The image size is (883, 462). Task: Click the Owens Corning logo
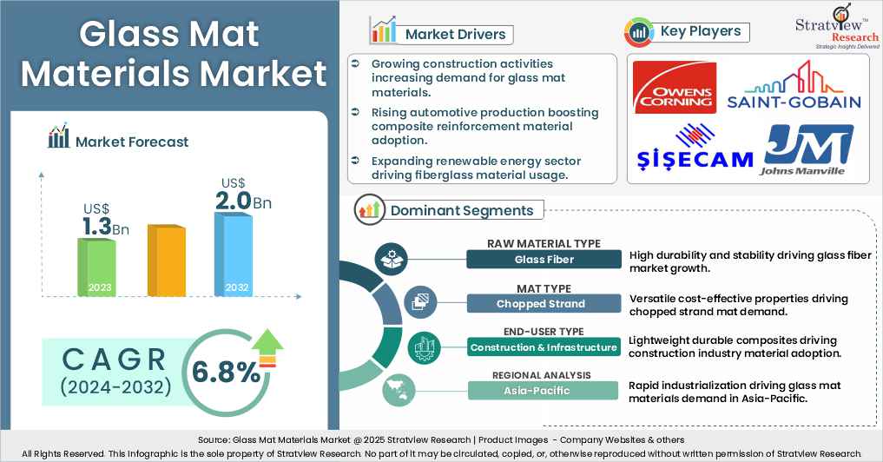[x=675, y=87]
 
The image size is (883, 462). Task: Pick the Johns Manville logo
[x=804, y=149]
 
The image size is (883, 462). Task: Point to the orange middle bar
[x=165, y=261]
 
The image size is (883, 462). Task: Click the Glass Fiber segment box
[x=544, y=259]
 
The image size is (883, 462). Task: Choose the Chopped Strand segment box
[x=544, y=303]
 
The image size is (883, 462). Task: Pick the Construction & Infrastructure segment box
[x=544, y=347]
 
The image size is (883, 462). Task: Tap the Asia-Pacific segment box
[x=544, y=391]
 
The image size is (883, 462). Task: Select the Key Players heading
[x=700, y=32]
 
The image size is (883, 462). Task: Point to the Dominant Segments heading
[x=461, y=210]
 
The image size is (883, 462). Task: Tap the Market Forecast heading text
[x=131, y=141]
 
